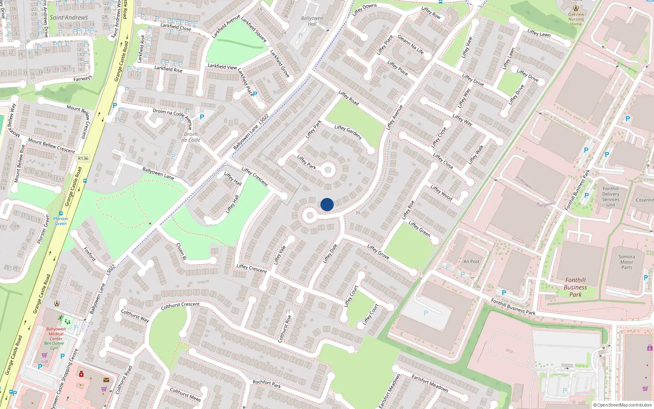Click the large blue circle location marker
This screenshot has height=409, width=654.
327,204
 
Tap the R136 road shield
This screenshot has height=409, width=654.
83,158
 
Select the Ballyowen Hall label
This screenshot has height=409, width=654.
312,21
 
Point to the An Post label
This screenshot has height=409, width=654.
471,261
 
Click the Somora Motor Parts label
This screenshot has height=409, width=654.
627,262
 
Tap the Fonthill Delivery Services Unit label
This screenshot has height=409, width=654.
611,197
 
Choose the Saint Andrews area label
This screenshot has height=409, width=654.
69,18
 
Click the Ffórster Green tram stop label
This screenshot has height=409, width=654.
61,221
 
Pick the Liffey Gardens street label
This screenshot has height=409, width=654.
348,132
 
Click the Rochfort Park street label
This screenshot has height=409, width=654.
267,384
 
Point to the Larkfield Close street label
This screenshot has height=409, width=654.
176,27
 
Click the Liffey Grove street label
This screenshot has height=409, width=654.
378,251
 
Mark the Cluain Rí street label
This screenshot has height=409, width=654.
181,252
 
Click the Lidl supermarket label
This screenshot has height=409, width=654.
45,362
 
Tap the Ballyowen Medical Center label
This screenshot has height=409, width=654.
56,334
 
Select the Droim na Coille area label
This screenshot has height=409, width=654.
191,137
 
